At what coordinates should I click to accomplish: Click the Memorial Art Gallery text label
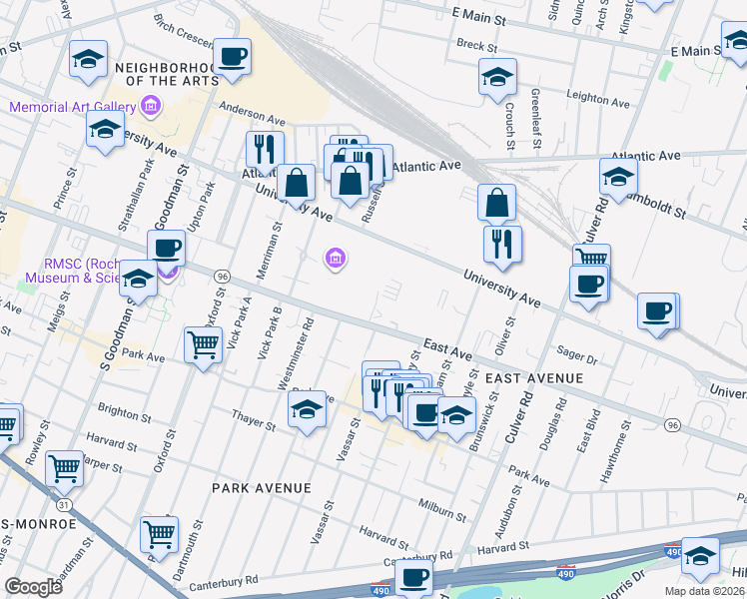click(70, 107)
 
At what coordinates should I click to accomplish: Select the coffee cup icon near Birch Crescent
click(232, 58)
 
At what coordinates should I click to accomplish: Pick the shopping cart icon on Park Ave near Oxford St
click(203, 345)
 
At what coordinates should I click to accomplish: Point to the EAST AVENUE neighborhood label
click(533, 378)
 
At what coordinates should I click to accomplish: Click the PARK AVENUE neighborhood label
click(262, 487)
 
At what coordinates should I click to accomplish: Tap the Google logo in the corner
click(33, 586)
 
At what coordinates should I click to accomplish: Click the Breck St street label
click(476, 46)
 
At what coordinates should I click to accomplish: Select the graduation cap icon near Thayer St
click(307, 408)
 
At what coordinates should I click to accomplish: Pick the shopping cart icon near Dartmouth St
click(159, 534)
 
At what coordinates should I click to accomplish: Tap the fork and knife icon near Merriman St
click(265, 149)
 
